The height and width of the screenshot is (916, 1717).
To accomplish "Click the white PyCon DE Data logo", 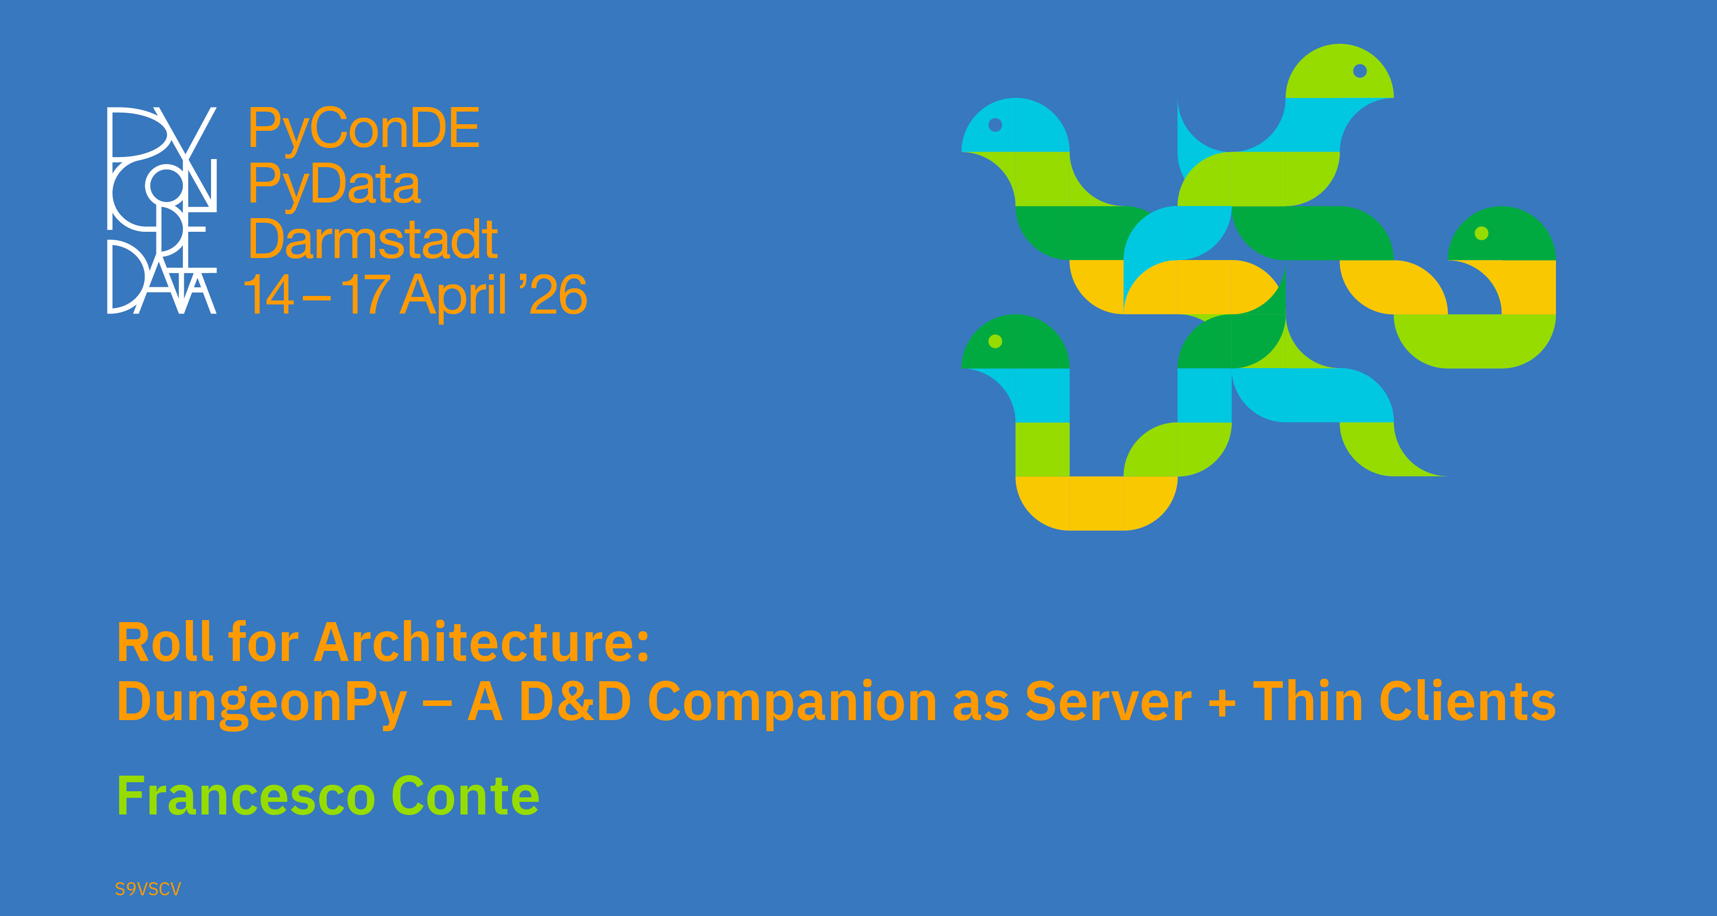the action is [x=162, y=210].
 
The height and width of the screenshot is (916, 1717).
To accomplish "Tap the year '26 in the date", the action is [x=552, y=293].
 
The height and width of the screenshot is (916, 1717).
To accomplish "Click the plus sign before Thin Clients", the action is [x=1222, y=703].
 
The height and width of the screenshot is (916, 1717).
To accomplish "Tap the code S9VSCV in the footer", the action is [x=148, y=889].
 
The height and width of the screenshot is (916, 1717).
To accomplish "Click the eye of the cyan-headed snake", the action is [x=995, y=125].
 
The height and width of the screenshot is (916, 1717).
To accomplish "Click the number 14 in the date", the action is [x=269, y=294].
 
